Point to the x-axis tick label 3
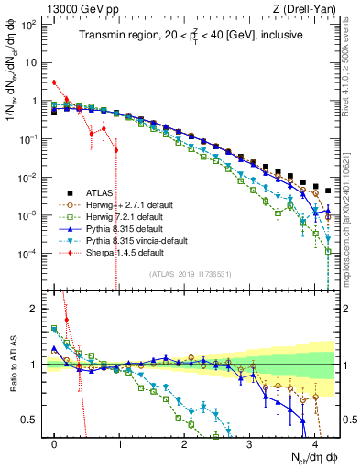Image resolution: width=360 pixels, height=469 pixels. pos(250,443)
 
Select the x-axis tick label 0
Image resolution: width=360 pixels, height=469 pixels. pos(55,443)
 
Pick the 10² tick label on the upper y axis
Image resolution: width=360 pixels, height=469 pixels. pos(29,25)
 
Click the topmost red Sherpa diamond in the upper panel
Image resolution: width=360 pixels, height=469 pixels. pos(55,82)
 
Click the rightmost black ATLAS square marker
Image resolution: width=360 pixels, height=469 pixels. pos(328,191)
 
